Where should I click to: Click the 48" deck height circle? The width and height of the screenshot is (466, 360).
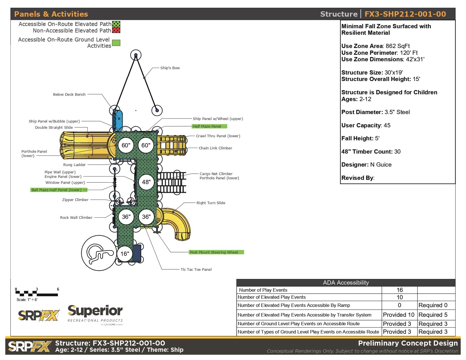tap(146, 182)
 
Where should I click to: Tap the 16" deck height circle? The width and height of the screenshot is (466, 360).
tap(125, 254)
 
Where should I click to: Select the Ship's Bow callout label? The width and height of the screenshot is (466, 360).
tap(170, 68)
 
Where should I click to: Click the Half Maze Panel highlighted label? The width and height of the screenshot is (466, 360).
tap(209, 126)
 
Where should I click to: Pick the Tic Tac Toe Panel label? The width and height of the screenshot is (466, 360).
tap(196, 269)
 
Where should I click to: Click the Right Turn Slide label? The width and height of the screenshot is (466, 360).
tap(211, 203)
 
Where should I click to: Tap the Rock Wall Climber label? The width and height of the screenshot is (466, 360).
tap(76, 217)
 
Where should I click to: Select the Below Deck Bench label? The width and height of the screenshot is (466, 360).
tap(69, 94)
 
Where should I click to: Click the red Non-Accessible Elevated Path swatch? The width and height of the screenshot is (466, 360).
tap(116, 30)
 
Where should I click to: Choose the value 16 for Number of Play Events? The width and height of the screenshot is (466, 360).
tap(399, 290)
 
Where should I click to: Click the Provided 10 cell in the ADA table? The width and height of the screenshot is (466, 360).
tap(399, 315)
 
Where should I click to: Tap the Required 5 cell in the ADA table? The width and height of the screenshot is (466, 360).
tap(433, 315)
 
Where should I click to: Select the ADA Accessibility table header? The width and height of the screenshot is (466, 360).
tap(346, 283)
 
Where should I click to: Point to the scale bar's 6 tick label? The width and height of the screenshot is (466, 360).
tap(58, 289)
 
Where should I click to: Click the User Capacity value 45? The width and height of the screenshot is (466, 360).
tap(387, 125)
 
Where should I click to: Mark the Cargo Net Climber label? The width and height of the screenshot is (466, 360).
tap(216, 174)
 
